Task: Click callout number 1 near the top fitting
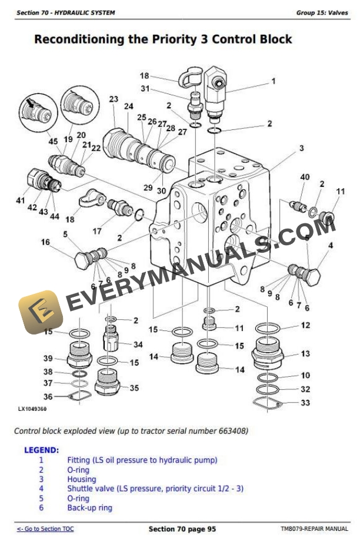click(x=273, y=82)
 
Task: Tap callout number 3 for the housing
click(x=301, y=148)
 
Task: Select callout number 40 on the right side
click(x=305, y=178)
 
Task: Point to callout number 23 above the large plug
click(x=114, y=99)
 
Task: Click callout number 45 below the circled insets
click(x=53, y=141)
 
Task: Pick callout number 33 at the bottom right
click(x=305, y=403)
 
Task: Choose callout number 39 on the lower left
click(x=48, y=359)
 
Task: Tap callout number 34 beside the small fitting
click(x=138, y=344)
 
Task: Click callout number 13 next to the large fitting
click(x=305, y=354)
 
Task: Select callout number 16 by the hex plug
click(x=45, y=242)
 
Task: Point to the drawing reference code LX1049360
click(x=32, y=409)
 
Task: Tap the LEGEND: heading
click(x=41, y=450)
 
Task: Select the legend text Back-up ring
click(x=89, y=508)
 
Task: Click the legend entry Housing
click(x=81, y=479)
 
